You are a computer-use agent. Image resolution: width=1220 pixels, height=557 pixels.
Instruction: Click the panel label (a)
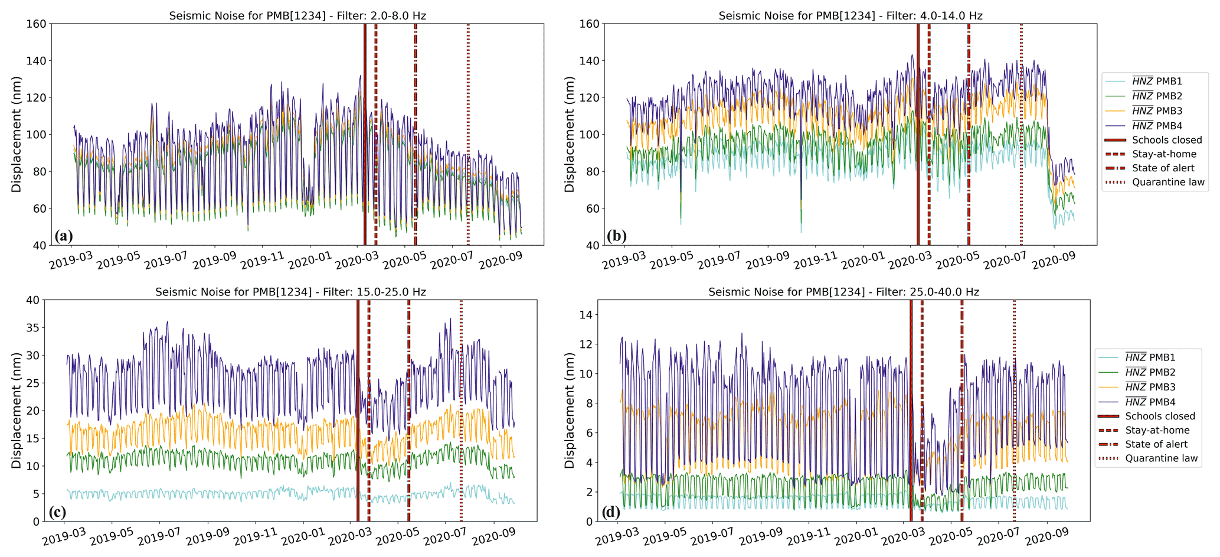[x=64, y=236]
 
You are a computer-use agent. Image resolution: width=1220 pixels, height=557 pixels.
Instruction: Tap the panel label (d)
[x=610, y=512]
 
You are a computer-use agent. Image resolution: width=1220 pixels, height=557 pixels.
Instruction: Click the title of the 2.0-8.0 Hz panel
[x=297, y=16]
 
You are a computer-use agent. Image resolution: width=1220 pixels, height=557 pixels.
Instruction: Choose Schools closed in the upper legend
[x=1166, y=140]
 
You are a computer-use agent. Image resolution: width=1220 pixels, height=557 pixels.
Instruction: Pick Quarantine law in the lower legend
[x=1161, y=458]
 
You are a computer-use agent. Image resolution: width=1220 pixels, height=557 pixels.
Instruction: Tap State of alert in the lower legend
[x=1156, y=444]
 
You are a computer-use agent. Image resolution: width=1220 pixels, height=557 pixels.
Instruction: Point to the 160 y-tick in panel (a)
[x=37, y=24]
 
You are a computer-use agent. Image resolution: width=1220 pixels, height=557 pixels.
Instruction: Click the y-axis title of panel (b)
[x=570, y=134]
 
